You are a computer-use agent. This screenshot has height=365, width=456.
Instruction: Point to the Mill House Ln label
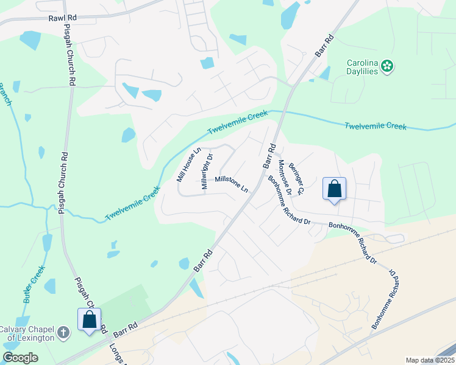coord(188,165)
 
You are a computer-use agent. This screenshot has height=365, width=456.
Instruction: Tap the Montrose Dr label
coord(285,178)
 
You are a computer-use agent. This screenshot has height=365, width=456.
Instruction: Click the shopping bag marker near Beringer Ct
coord(335,189)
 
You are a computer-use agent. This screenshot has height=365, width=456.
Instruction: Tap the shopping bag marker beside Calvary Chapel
coord(89,319)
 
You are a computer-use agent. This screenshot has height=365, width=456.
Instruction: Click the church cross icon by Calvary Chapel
coord(63,333)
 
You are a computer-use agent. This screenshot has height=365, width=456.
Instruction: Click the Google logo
coord(20,358)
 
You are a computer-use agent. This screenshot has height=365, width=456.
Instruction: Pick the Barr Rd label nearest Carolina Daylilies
coord(325,47)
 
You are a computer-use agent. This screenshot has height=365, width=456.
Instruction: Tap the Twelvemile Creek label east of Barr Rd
coord(376,127)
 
